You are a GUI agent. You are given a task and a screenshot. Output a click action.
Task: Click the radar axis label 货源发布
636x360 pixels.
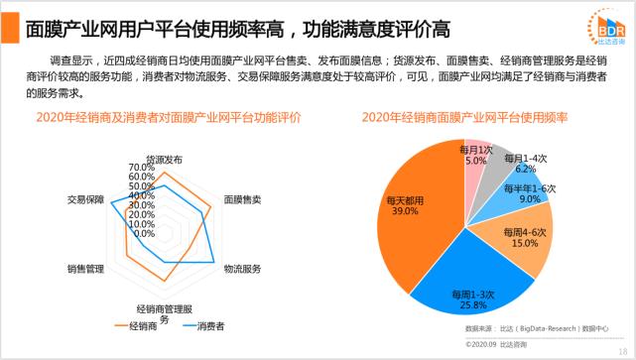click(x=164, y=159)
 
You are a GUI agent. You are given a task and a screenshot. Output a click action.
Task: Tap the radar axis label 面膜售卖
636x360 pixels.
click(x=242, y=198)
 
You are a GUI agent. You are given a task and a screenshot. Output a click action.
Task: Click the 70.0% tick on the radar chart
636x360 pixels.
click(x=142, y=167)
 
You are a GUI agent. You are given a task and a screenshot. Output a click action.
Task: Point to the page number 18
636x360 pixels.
click(x=622, y=350)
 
